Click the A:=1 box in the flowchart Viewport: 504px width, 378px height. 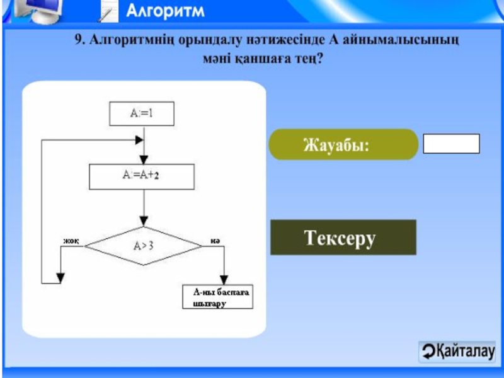pyautogui.click(x=142, y=114)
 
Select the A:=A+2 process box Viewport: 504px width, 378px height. pyautogui.click(x=141, y=177)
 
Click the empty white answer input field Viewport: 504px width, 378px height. pyautogui.click(x=451, y=144)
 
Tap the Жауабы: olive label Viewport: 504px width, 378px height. pyautogui.click(x=343, y=145)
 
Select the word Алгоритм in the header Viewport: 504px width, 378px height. pyautogui.click(x=166, y=11)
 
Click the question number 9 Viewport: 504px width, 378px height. pyautogui.click(x=79, y=41)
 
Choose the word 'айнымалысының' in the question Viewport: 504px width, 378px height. pyautogui.click(x=400, y=41)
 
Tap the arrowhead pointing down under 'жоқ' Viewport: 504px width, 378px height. pyautogui.click(x=60, y=277)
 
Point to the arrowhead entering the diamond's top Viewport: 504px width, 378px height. pyautogui.click(x=144, y=222)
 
